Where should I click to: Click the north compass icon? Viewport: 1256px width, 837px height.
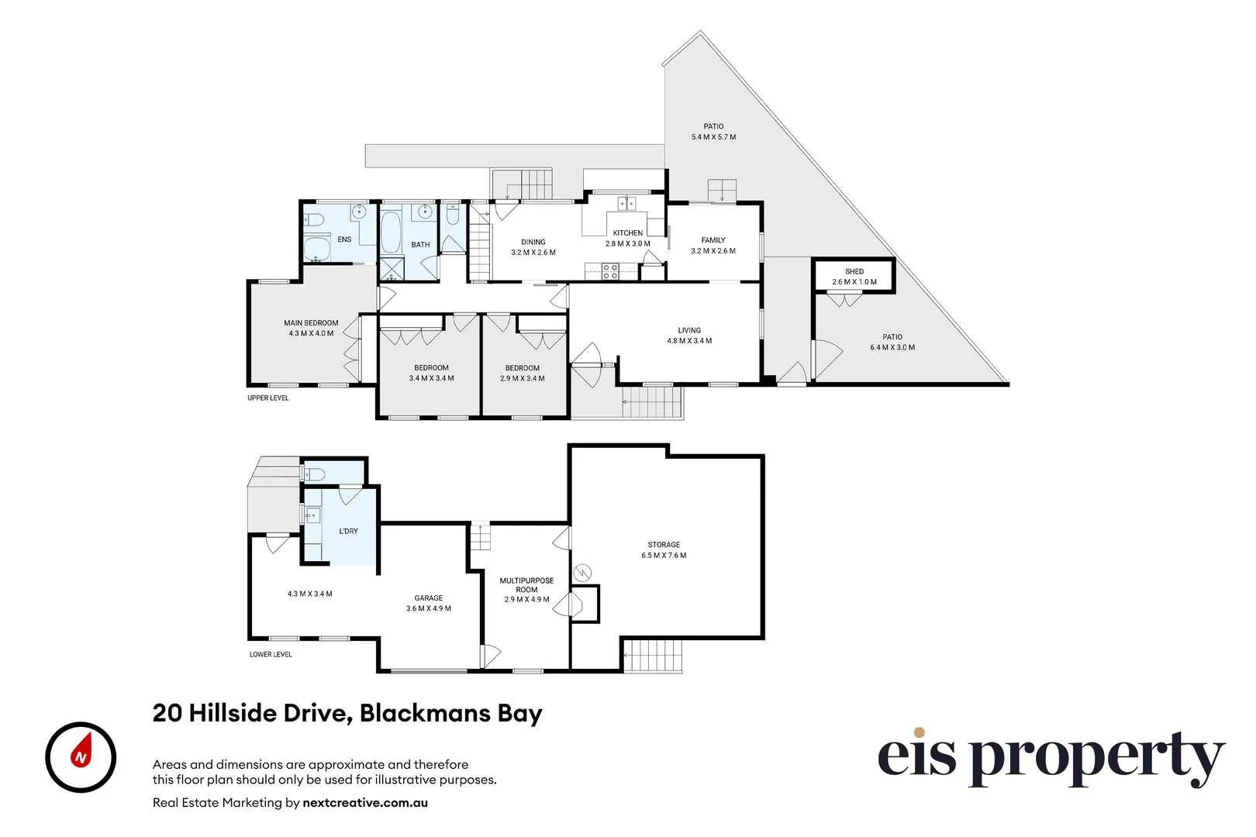click(x=81, y=757)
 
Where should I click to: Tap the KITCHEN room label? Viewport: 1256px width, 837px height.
click(x=627, y=232)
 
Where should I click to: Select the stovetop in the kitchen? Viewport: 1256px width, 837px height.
click(x=610, y=270)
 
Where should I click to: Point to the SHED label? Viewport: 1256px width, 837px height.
click(x=854, y=271)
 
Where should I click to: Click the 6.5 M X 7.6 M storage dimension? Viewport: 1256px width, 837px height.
click(x=664, y=555)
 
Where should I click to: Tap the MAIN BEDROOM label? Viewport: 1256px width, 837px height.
click(x=311, y=322)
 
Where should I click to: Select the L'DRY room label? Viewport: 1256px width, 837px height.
click(x=349, y=531)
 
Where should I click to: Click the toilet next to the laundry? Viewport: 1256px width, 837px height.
click(x=314, y=474)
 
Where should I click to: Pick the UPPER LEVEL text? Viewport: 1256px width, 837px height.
click(x=268, y=398)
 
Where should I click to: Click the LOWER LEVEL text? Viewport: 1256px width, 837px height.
click(x=271, y=654)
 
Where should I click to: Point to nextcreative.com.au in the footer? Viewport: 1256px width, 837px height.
click(x=365, y=803)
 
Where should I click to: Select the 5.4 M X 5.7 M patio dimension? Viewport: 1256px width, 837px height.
click(x=713, y=137)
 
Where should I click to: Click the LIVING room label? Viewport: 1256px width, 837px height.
click(x=688, y=330)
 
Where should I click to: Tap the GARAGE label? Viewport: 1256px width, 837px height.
click(x=428, y=598)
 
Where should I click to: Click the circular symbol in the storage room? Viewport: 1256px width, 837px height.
click(x=582, y=573)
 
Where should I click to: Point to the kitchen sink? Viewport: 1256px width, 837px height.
click(x=626, y=204)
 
